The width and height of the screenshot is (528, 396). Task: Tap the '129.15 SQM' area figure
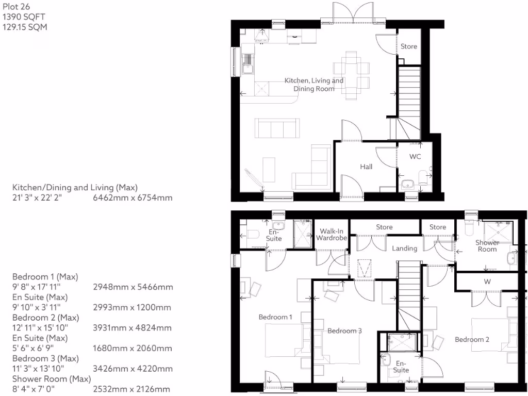click(25, 27)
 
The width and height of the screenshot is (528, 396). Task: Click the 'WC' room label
click(415, 156)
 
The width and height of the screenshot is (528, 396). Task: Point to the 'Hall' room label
click(366, 167)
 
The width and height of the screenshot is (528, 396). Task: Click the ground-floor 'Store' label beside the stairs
click(409, 46)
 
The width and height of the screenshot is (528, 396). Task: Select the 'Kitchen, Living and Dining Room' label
click(314, 85)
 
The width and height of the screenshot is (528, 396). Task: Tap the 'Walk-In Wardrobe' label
click(332, 235)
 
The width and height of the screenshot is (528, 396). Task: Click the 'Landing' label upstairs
click(404, 249)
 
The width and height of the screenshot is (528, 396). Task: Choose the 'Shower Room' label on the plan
click(487, 245)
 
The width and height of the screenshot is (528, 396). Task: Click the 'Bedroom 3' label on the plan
click(344, 331)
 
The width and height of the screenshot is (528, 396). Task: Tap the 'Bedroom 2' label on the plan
click(472, 339)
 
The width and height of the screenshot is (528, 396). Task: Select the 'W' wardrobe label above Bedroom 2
click(487, 282)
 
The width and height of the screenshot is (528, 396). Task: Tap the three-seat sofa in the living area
click(276, 128)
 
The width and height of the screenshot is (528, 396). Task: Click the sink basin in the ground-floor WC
click(408, 184)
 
